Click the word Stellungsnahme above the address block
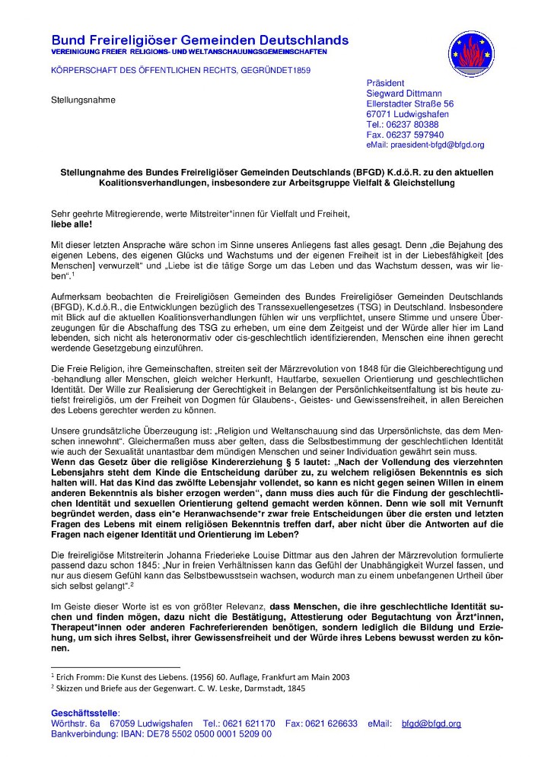pyautogui.click(x=83, y=100)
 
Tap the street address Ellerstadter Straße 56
pyautogui.click(x=409, y=103)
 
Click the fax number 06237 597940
pyautogui.click(x=415, y=135)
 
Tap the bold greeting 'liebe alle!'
pyautogui.click(x=70, y=225)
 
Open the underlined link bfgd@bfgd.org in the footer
pyautogui.click(x=431, y=724)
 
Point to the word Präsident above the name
pyautogui.click(x=385, y=82)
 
